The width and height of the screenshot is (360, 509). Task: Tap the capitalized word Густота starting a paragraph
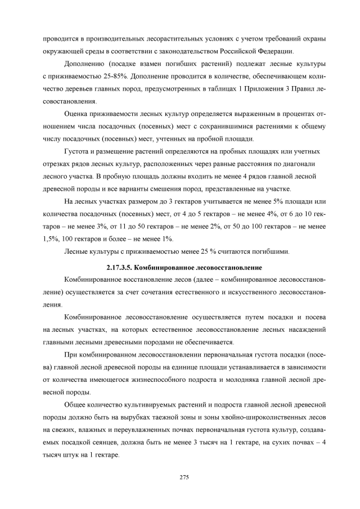pyautogui.click(x=79, y=151)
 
